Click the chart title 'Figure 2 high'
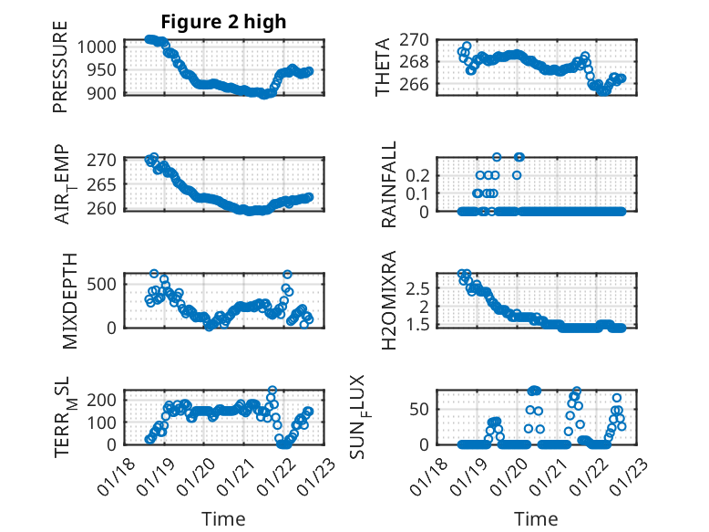point(223,21)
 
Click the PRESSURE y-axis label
point(60,73)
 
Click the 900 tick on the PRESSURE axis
point(102,93)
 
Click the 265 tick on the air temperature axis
point(102,184)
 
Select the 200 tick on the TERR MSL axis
point(102,400)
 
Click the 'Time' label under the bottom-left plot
point(223,519)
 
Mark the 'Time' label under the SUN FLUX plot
point(537,519)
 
